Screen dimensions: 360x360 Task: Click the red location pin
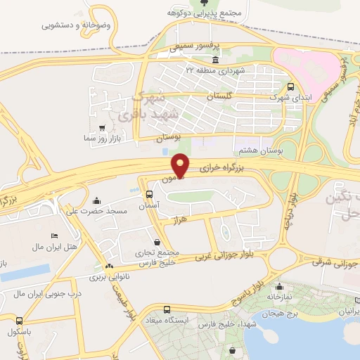pos(181,165)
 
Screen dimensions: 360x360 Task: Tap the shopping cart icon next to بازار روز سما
pos(103,128)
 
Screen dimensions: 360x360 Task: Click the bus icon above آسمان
pos(149,193)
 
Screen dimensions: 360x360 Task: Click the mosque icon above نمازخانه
pos(281,287)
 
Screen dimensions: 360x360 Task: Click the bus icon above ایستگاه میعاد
pos(167,309)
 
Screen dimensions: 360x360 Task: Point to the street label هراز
pos(181,221)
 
